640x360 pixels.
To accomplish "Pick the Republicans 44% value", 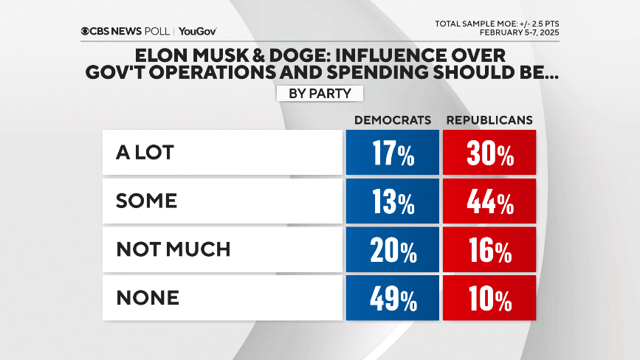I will pos(489,203).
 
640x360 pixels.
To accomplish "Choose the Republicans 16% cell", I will pos(489,251).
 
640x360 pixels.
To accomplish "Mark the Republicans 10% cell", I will pos(489,299).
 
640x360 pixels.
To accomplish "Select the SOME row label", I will pos(147,201).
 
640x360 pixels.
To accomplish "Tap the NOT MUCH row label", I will pos(173,249).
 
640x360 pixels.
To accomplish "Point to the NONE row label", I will pos(148,297).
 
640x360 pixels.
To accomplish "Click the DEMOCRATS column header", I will pos(393,120).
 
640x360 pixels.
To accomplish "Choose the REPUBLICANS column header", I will pos(489,120).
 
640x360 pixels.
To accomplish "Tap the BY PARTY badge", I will pos(320,94).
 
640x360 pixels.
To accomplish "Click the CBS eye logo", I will pos(86,31).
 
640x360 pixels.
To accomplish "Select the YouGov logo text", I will pos(197,31).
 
